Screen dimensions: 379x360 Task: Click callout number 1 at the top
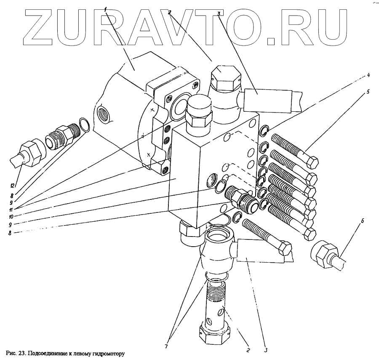pyautogui.click(x=106, y=9)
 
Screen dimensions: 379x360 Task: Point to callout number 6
pyautogui.click(x=363, y=221)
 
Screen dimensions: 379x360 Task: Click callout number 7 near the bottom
pyautogui.click(x=166, y=347)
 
